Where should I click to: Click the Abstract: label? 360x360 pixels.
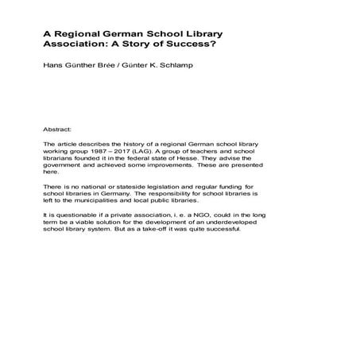pyautogui.click(x=59, y=127)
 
